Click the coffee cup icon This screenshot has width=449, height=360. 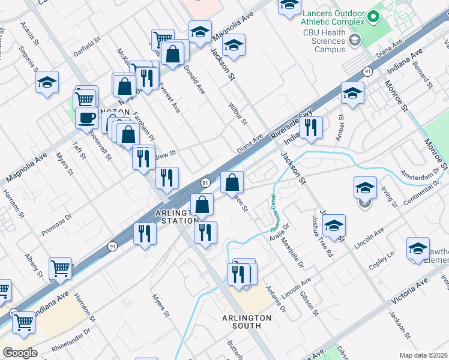(x=87, y=117)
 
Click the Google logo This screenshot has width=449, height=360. (x=20, y=353)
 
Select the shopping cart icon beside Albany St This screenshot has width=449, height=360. (x=60, y=268)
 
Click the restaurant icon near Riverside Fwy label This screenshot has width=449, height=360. (x=310, y=127)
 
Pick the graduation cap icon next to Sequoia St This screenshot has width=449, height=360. (x=47, y=82)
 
